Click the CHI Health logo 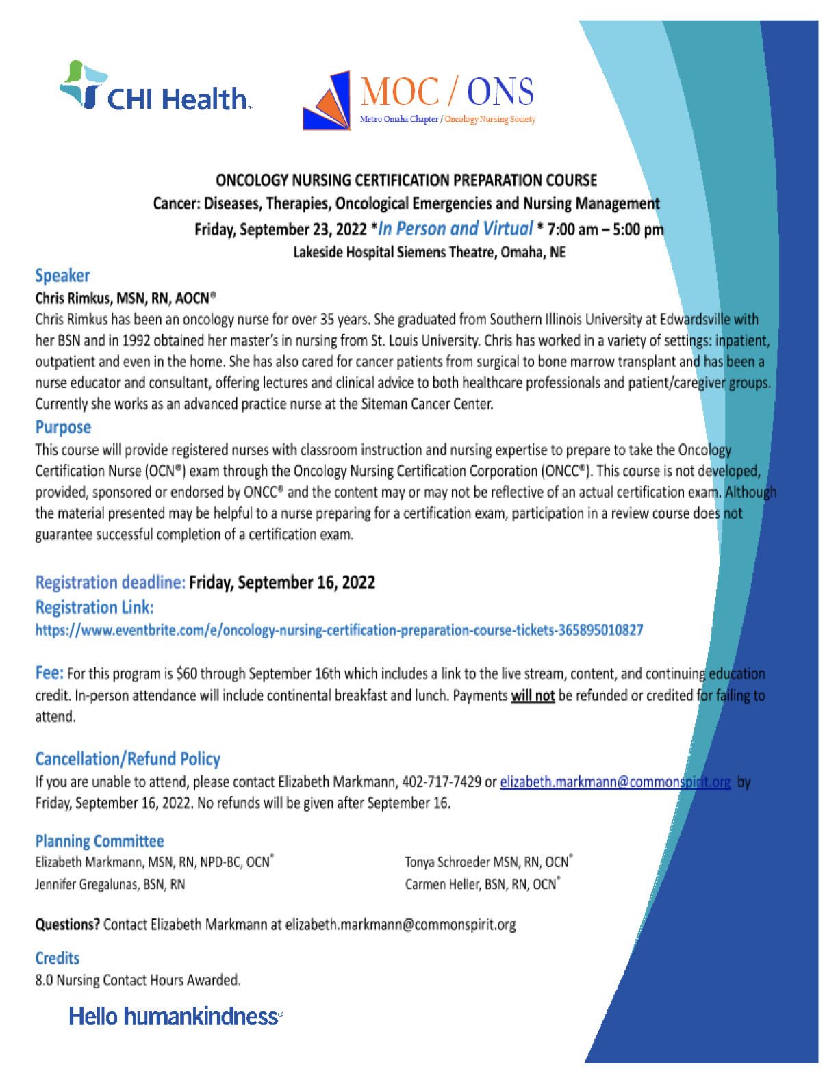pos(156,89)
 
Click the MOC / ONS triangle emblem pos(328,102)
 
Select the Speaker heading pos(62,275)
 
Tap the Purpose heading pos(63,427)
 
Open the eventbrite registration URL pos(339,630)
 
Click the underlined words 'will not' pos(533,695)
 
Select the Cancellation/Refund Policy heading pos(127,759)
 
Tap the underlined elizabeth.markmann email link pos(615,782)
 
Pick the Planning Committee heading pos(99,841)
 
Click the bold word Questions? pos(67,925)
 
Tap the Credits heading pos(58,958)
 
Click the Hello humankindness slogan pos(175,1016)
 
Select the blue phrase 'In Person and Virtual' pos(455,229)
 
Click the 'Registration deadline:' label pos(110,582)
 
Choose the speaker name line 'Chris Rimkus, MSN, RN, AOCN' pos(125,298)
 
